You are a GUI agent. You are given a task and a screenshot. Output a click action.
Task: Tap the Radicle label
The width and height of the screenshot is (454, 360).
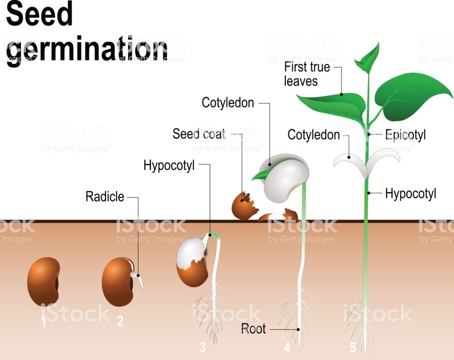pyautogui.click(x=105, y=196)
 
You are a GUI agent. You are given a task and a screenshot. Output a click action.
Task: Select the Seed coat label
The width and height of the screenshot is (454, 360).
pyautogui.click(x=199, y=133)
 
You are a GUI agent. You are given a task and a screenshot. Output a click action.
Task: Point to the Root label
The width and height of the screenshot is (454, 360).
pyautogui.click(x=253, y=329)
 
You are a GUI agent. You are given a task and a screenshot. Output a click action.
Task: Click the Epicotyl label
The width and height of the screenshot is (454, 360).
pyautogui.click(x=405, y=135)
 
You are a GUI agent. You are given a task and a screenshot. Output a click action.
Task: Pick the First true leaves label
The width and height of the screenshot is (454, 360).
pyautogui.click(x=307, y=74)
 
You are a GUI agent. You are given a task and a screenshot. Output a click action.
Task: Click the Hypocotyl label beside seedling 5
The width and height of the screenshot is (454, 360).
pyautogui.click(x=411, y=193)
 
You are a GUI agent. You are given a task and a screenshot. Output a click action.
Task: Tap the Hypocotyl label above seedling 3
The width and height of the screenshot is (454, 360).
pyautogui.click(x=169, y=166)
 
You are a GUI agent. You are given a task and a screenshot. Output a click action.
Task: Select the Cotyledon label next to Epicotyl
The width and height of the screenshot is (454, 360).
pyautogui.click(x=313, y=135)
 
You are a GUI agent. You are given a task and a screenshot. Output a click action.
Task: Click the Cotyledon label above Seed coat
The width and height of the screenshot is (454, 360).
pyautogui.click(x=228, y=103)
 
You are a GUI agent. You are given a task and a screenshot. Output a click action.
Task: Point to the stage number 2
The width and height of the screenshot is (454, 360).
pyautogui.click(x=120, y=321)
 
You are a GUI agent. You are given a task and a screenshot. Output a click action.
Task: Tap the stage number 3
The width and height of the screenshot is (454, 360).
pyautogui.click(x=203, y=346)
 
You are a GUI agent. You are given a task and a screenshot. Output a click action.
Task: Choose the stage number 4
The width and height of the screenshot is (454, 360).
pyautogui.click(x=287, y=347)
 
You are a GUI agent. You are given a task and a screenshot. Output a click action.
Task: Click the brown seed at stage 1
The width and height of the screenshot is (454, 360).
pyautogui.click(x=43, y=282)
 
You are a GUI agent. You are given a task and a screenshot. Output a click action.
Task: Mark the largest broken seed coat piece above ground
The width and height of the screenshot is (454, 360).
pyautogui.click(x=243, y=205)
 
